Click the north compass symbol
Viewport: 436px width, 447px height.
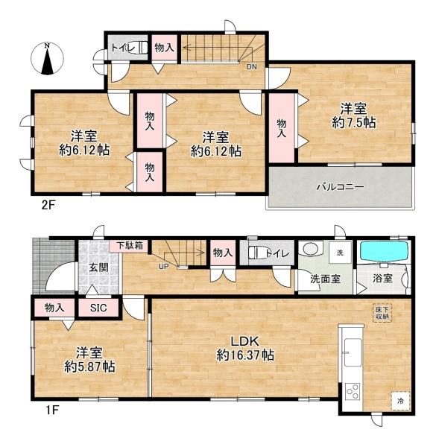click(48, 59)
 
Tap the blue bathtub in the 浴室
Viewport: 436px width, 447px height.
click(385, 251)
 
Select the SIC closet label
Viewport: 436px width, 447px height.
click(98, 308)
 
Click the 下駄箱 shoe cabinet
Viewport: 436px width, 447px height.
click(130, 245)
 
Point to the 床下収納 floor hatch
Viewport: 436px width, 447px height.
click(382, 313)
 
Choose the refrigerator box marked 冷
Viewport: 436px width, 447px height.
click(400, 401)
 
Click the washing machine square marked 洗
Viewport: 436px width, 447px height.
click(340, 253)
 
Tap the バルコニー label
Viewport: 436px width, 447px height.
click(341, 187)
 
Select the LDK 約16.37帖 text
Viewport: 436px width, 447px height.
click(245, 349)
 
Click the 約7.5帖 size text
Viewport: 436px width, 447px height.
click(353, 123)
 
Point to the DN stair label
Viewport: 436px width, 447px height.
click(251, 67)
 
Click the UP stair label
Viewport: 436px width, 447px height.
click(164, 267)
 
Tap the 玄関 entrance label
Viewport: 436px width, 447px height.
click(98, 268)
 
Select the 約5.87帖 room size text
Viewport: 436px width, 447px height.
click(90, 367)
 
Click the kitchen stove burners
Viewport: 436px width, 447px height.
click(353, 393)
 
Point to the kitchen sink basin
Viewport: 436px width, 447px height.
click(353, 352)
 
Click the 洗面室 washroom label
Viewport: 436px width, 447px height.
click(326, 279)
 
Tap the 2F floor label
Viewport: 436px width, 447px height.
click(48, 206)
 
